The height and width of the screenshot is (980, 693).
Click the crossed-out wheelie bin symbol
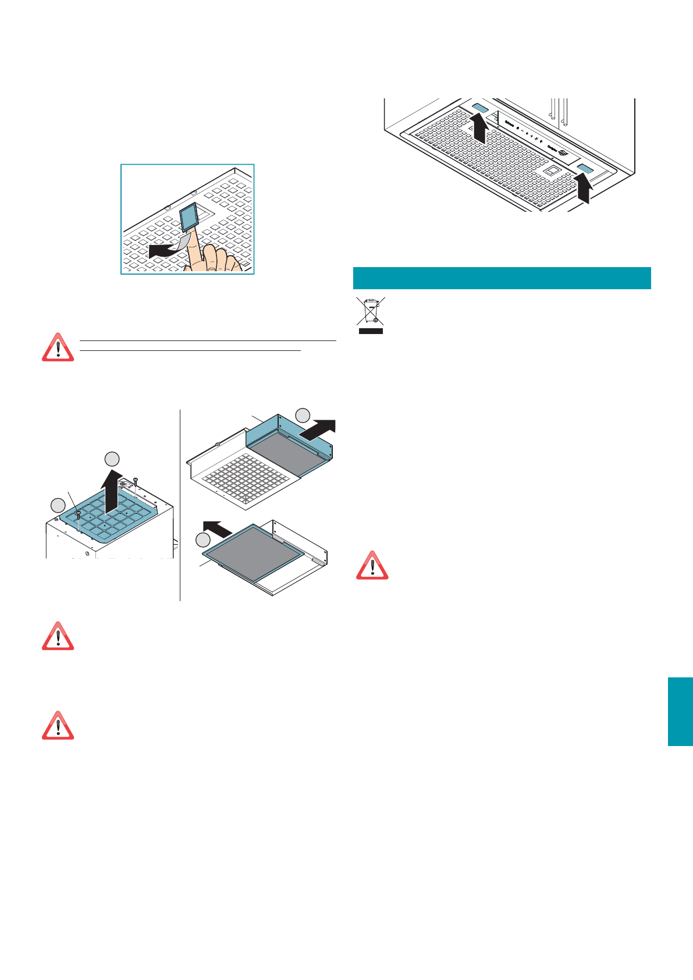coord(370,311)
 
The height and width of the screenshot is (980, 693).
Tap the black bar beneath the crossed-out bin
coord(370,331)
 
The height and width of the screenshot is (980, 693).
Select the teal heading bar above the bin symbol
coord(502,278)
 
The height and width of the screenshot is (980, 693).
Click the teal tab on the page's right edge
coord(680,711)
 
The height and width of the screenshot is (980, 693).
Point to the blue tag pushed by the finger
coord(189,216)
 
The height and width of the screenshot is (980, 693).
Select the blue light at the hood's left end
coord(479,108)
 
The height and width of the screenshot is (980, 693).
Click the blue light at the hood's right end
coord(585,169)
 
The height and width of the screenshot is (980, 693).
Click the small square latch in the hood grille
coord(552,171)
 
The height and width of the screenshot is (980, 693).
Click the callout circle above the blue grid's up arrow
coord(112,459)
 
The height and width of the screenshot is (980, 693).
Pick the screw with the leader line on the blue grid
coord(78,514)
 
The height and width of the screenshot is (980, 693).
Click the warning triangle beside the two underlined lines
coord(58,347)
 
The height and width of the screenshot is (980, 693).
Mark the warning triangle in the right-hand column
coord(372,565)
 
